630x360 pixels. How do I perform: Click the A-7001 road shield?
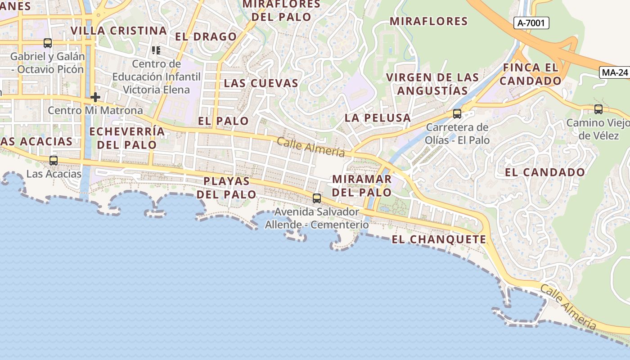coord(531,23)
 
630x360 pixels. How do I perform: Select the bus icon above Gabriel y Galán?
coord(48,43)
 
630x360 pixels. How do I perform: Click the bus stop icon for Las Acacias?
coord(54,161)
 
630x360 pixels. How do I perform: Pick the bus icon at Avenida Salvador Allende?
coord(317,198)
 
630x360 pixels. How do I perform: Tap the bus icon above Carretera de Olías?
coord(457,114)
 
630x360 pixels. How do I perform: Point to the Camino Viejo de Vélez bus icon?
coord(598,109)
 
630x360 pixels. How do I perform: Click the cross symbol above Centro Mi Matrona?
coord(95,97)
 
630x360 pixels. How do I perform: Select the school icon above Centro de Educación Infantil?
coord(156,50)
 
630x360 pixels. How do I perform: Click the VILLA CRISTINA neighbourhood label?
coord(119,31)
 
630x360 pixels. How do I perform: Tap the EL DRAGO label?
coord(206,37)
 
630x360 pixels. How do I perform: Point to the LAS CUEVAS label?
coord(261,83)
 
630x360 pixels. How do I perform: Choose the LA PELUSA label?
coord(378,118)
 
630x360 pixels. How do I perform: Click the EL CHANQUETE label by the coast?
coord(439,239)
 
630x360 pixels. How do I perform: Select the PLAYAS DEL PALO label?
coord(227,188)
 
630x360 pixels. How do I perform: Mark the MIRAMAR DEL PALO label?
coord(362,186)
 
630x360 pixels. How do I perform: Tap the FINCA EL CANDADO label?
coord(531,74)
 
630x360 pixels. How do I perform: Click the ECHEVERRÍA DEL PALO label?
coord(127,138)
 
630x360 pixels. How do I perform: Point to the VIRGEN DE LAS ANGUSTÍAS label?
coord(432,84)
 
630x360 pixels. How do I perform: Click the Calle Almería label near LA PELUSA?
coord(311,148)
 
